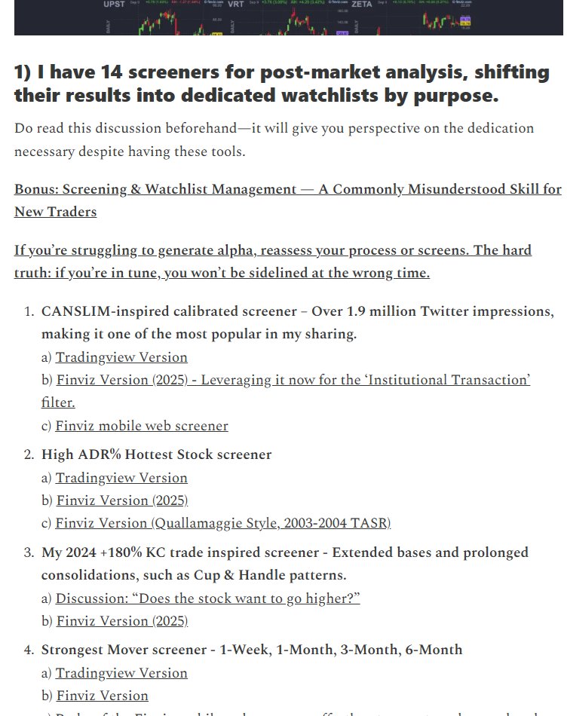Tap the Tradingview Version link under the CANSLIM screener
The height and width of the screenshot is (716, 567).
pos(121,357)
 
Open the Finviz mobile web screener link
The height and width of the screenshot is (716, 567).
pos(141,426)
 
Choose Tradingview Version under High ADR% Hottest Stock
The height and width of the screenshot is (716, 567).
pos(121,478)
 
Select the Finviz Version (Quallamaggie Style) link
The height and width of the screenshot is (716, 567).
pos(223,523)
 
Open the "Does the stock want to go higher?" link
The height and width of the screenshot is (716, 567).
pos(207,598)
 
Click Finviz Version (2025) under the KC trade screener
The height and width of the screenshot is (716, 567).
pos(121,621)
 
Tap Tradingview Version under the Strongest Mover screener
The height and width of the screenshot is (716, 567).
pos(121,673)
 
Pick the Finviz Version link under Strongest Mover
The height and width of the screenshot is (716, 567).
pos(102,696)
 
